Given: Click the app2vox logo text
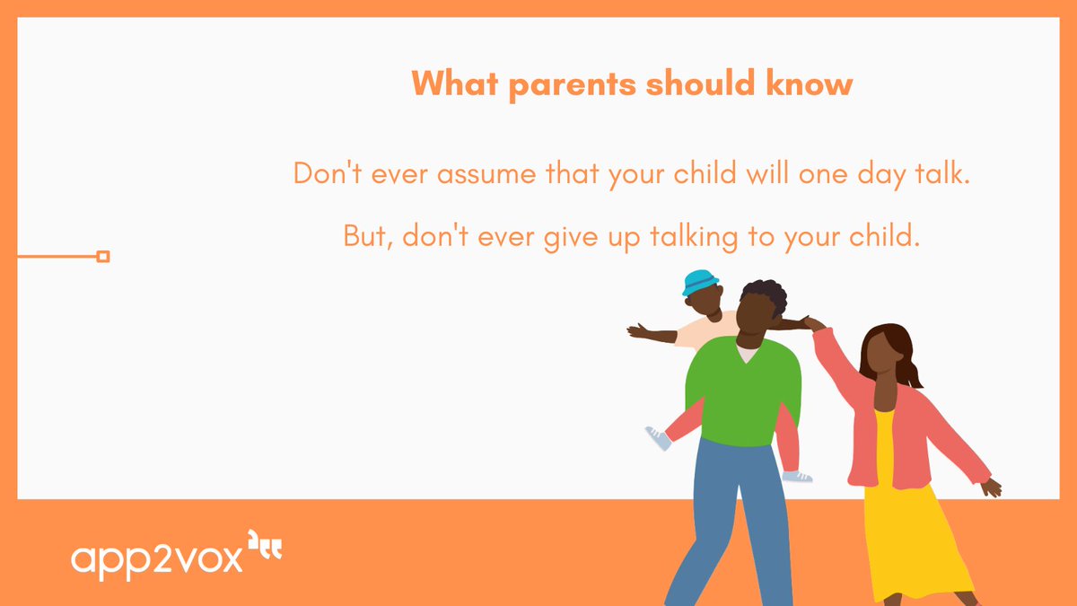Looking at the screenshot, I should coord(157,558).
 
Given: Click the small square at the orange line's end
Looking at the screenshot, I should coord(102,257).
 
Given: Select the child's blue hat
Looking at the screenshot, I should coord(700,283).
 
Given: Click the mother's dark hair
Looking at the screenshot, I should coord(889,346).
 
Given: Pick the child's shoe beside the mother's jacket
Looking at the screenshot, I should coord(796,476).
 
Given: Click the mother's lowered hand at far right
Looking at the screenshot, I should coord(991,487).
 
